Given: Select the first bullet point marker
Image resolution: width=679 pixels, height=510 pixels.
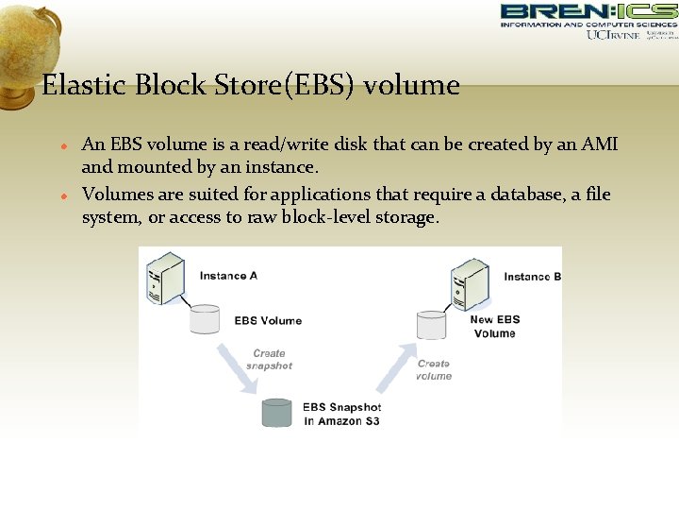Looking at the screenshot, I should [x=61, y=147].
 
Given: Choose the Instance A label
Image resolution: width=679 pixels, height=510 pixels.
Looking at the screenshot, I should [x=228, y=276].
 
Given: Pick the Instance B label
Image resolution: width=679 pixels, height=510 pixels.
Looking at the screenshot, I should [x=532, y=277].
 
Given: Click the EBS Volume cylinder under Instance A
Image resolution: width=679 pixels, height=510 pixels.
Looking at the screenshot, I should [x=204, y=319].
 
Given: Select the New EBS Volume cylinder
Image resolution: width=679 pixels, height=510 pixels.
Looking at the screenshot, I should [x=431, y=325].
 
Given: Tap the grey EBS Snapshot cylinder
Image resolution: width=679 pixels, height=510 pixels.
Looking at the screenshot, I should [x=276, y=413].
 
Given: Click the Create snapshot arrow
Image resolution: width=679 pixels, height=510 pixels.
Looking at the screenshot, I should [x=236, y=368].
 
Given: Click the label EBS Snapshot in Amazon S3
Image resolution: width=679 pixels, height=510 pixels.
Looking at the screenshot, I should [x=341, y=414].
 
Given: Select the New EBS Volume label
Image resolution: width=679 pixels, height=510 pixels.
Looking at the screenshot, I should [x=495, y=326].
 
